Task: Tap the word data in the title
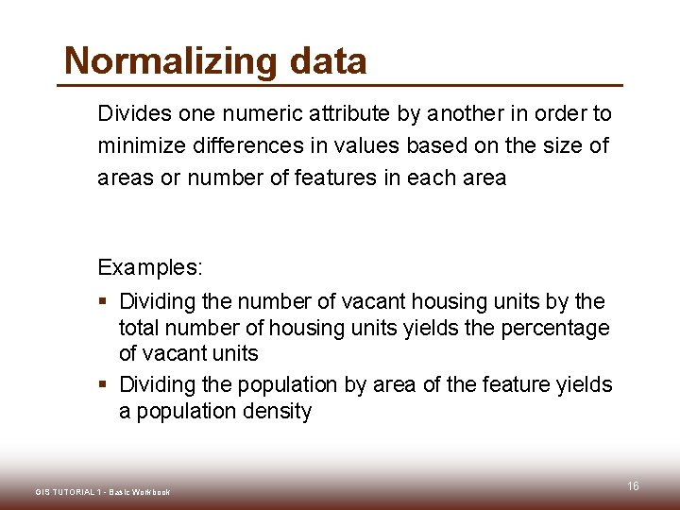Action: tap(328, 61)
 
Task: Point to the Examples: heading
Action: tap(149, 267)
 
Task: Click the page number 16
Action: tap(633, 485)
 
